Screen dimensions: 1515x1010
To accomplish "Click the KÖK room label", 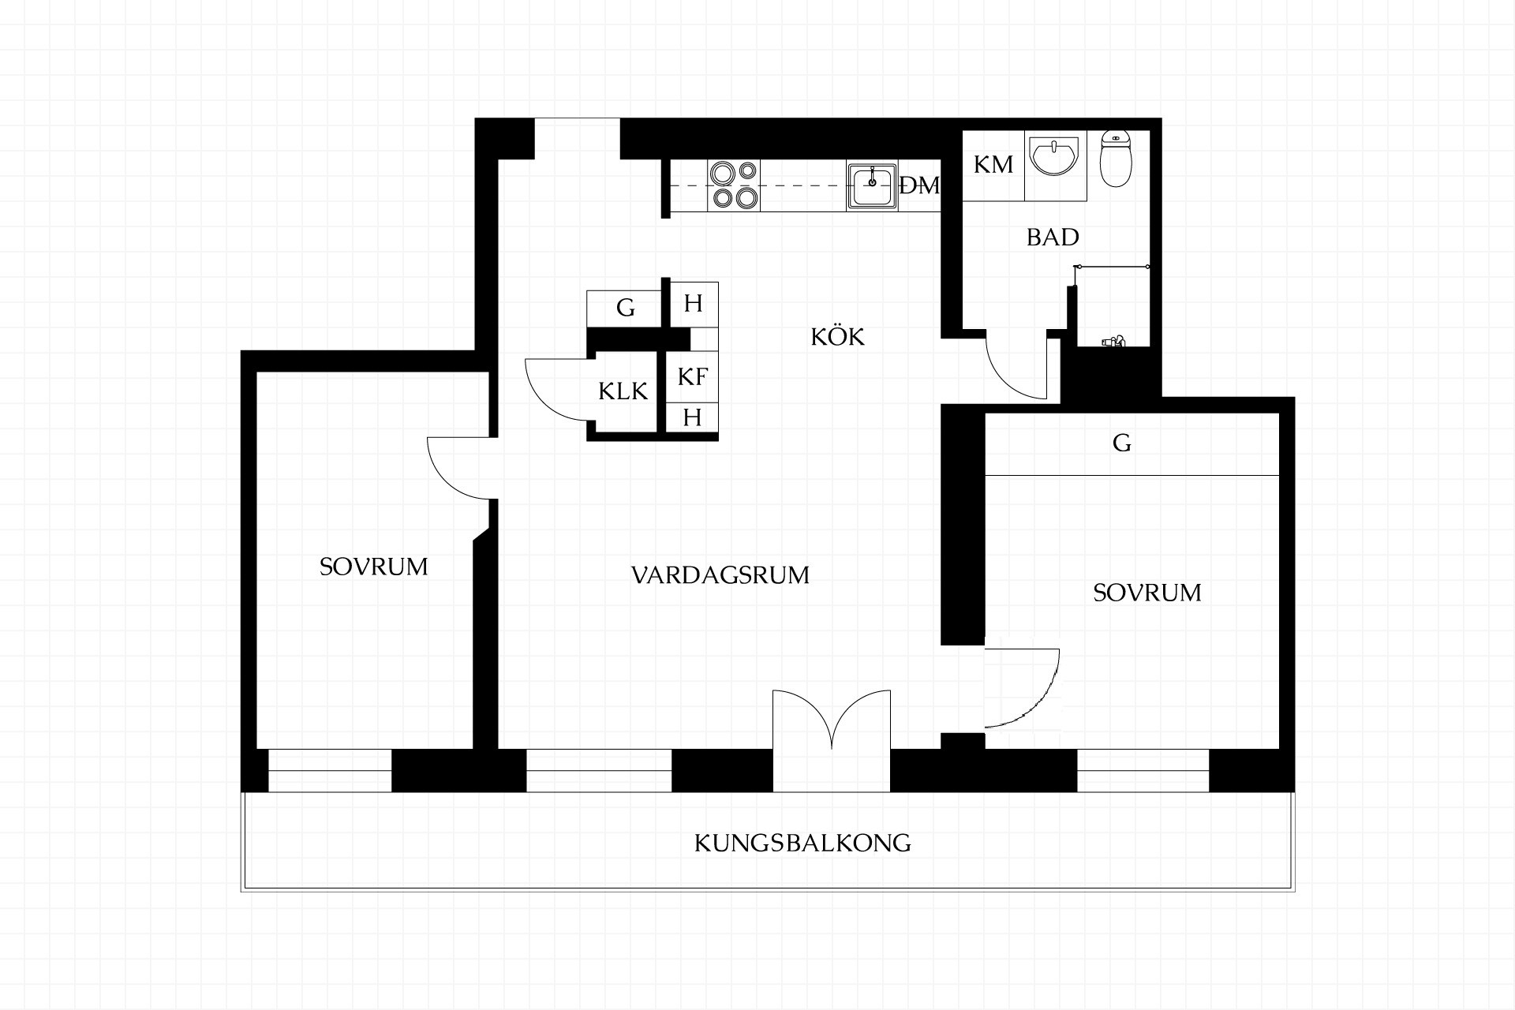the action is pyautogui.click(x=837, y=336).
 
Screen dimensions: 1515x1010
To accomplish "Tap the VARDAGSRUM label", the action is pyautogui.click(x=720, y=575).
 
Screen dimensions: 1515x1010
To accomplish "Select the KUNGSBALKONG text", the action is pyautogui.click(x=802, y=843).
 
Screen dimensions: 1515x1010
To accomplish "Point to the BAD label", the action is pyautogui.click(x=1053, y=237).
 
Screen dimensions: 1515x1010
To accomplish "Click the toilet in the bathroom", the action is pyautogui.click(x=1116, y=158).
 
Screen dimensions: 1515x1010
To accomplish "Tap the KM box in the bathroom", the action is pyautogui.click(x=993, y=165).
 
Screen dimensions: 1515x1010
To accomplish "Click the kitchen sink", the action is pyautogui.click(x=872, y=185).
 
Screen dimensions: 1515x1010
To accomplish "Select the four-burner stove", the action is pyautogui.click(x=734, y=185).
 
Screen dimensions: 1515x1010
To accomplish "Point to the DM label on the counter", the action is pyautogui.click(x=920, y=185).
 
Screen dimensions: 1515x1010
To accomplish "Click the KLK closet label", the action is pyautogui.click(x=623, y=391).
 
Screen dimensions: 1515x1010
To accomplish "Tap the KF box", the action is pyautogui.click(x=692, y=376).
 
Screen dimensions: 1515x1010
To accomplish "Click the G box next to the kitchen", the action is pyautogui.click(x=624, y=308).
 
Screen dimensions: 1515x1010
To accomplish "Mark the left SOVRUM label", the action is pyautogui.click(x=373, y=567).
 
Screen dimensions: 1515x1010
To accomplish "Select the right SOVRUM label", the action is pyautogui.click(x=1147, y=593).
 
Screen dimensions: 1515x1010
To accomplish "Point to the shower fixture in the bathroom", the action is pyautogui.click(x=1113, y=341).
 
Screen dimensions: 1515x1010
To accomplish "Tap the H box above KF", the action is pyautogui.click(x=693, y=304).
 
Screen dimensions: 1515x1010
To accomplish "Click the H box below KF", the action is pyautogui.click(x=692, y=417).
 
